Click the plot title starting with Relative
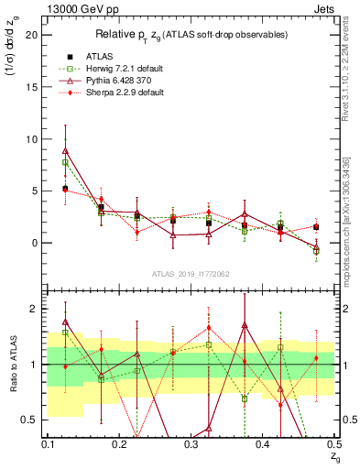tap(191, 35)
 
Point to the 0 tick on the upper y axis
tap(36, 243)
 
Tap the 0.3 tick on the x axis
tap(191, 443)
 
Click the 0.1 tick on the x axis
tap(48, 443)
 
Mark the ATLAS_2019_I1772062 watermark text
tap(191, 274)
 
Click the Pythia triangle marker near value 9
tap(65, 150)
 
